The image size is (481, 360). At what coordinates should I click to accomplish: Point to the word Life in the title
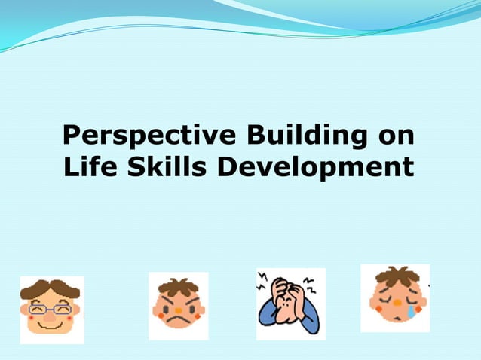coord(87,166)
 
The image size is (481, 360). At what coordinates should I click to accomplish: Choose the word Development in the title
coord(315,166)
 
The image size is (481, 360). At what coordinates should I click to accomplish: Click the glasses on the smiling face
coord(51,308)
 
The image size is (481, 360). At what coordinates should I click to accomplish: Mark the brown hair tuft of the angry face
coord(178,285)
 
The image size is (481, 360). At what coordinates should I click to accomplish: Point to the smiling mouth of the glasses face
coord(51,323)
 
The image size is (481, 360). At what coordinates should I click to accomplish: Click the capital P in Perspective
coord(72,136)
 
